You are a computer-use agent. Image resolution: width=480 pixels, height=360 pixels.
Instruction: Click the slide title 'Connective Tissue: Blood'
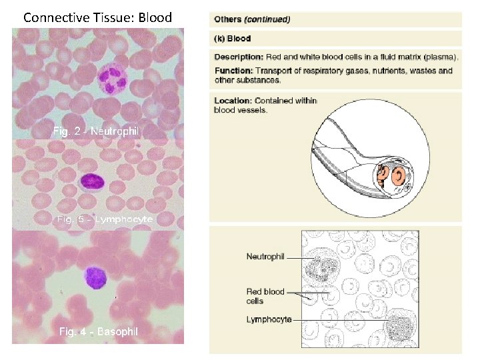click(x=97, y=17)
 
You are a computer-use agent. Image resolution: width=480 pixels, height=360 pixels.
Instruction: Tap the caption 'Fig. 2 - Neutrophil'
click(x=96, y=132)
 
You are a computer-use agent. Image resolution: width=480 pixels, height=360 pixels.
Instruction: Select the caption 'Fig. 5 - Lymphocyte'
click(x=105, y=219)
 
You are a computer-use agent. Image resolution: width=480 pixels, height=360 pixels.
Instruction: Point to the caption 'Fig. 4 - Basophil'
click(x=99, y=331)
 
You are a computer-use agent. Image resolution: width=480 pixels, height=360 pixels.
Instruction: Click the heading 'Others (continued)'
click(x=253, y=19)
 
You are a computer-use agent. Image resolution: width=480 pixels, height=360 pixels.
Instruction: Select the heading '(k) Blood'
click(x=233, y=39)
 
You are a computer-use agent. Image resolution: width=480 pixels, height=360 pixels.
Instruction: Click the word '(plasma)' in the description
click(x=441, y=57)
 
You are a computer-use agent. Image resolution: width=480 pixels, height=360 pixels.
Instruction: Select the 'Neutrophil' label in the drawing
click(x=265, y=257)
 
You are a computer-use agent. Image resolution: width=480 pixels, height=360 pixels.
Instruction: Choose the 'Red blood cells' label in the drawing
click(x=265, y=295)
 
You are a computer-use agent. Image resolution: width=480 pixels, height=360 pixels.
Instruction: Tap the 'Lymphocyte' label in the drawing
click(x=269, y=320)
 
